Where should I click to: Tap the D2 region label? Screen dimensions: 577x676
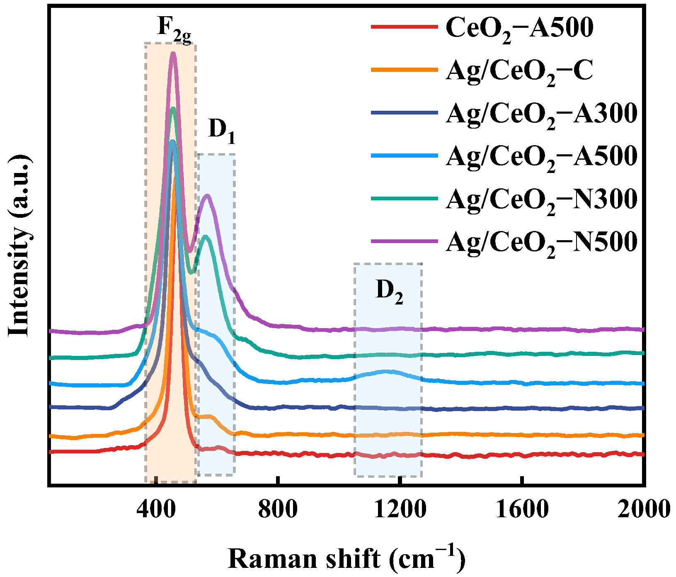tap(389, 291)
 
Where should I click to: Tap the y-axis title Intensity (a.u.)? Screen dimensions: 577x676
tap(19, 245)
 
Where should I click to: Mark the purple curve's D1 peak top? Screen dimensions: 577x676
tap(207, 196)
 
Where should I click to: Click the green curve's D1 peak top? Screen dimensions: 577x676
tap(206, 237)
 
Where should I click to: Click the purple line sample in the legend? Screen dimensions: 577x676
tap(404, 241)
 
